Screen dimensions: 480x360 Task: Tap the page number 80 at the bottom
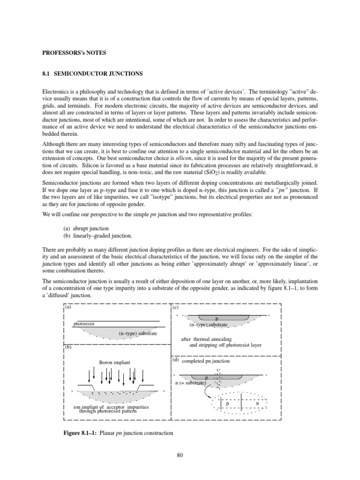[x=180, y=453]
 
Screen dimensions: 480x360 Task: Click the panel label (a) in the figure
[x=68, y=307]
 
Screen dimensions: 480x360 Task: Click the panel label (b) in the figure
[x=68, y=347]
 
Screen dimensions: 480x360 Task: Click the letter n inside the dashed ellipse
[x=258, y=404]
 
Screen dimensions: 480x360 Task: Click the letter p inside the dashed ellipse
[x=227, y=404]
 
